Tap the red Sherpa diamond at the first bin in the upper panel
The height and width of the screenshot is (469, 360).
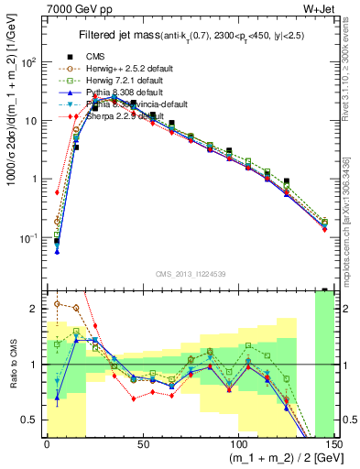click(57, 193)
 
